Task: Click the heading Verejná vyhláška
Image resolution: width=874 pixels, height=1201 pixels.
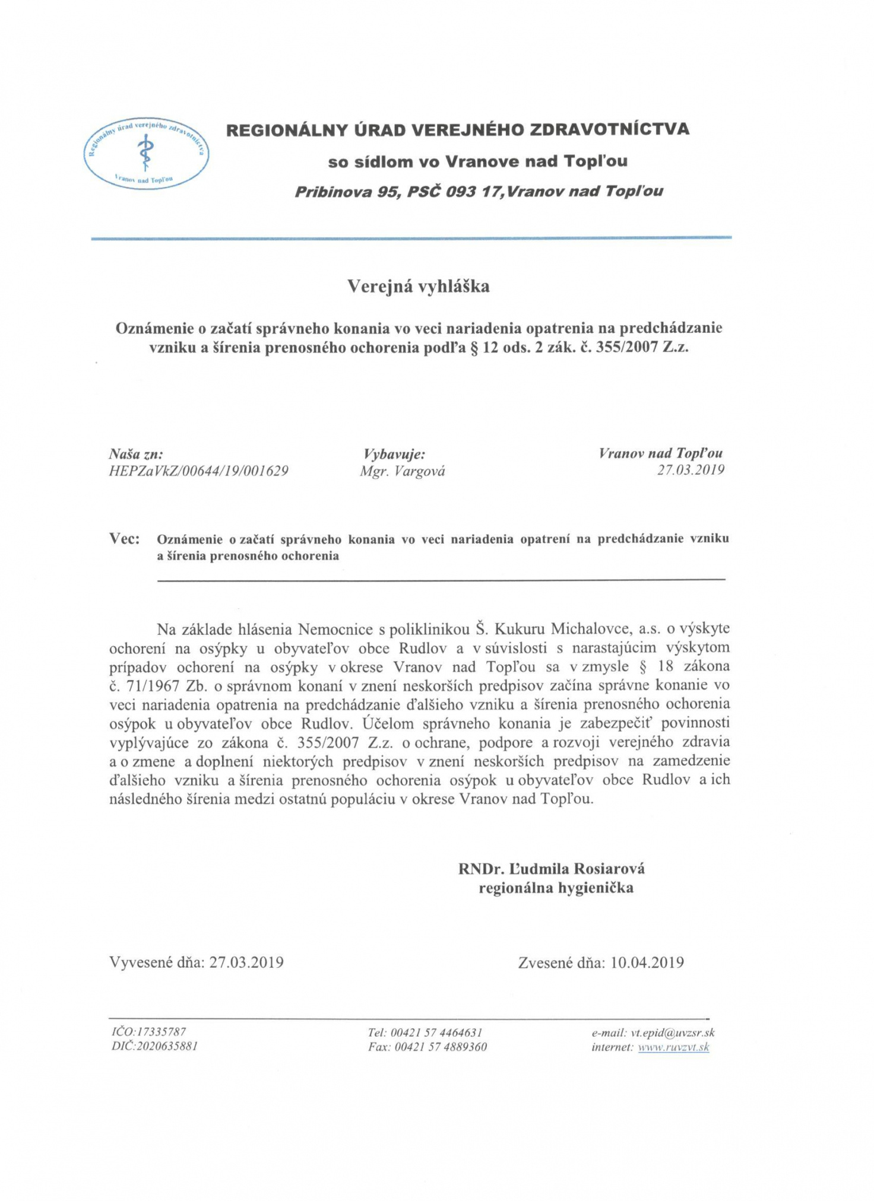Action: tap(418, 287)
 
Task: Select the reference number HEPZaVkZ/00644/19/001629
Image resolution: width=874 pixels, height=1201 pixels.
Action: tap(198, 471)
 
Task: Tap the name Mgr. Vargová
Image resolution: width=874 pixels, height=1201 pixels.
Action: tap(402, 472)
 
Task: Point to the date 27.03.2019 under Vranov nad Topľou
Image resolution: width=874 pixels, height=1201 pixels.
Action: tap(691, 470)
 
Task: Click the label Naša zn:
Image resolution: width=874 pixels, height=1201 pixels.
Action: tap(136, 455)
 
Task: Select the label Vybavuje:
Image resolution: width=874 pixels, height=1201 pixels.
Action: tap(394, 455)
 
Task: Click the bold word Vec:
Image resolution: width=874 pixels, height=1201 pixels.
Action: tap(125, 539)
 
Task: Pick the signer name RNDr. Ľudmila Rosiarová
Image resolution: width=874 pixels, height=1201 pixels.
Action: tap(551, 869)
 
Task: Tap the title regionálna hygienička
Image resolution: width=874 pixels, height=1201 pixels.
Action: tap(556, 888)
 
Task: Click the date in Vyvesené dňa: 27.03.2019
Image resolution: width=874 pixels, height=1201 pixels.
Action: tap(246, 962)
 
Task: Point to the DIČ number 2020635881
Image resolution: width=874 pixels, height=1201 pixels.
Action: tap(167, 1046)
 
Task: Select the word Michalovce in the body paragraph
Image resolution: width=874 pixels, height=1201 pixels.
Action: tap(591, 628)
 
